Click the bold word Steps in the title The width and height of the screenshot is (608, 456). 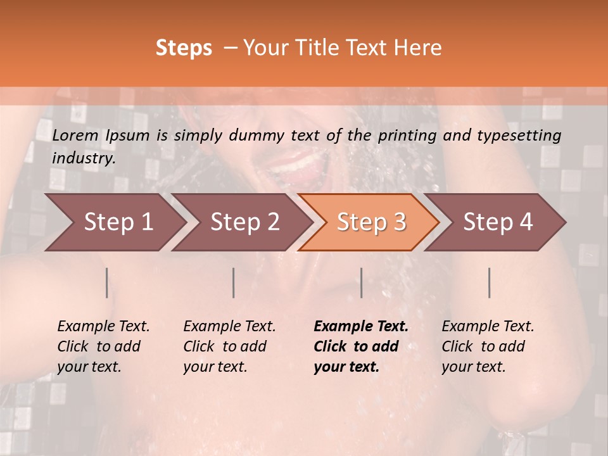click(184, 48)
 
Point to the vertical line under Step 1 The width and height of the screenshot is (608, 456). click(107, 282)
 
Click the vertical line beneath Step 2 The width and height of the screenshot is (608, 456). click(234, 282)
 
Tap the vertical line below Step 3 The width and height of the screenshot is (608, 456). click(361, 282)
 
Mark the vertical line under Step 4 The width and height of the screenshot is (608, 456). click(490, 282)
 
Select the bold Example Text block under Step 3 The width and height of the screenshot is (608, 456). click(361, 346)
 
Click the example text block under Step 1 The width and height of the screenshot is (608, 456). click(103, 346)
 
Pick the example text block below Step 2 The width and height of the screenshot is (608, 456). click(229, 346)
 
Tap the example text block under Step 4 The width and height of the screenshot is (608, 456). click(488, 346)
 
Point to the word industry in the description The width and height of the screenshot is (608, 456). click(83, 158)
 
